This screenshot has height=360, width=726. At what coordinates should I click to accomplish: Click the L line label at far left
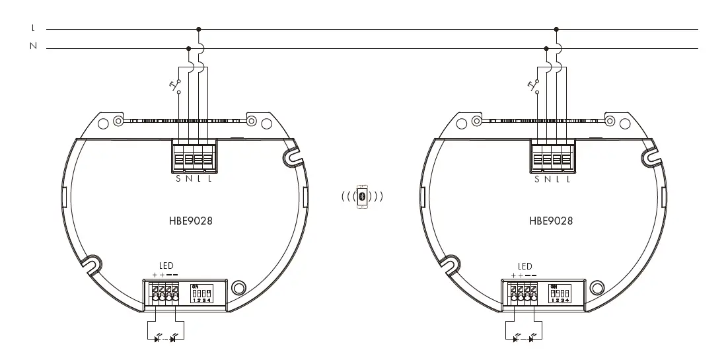(33, 29)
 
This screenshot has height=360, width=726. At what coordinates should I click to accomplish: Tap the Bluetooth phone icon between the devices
(362, 196)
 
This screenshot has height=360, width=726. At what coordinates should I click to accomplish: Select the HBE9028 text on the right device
(550, 221)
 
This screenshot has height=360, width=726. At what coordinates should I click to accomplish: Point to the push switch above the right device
(536, 87)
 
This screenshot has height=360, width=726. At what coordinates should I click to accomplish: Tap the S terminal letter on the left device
(178, 179)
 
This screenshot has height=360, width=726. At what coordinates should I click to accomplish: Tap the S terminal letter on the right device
(537, 179)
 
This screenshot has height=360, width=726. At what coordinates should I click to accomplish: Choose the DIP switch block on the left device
(201, 293)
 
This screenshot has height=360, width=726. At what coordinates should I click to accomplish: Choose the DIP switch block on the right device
(560, 293)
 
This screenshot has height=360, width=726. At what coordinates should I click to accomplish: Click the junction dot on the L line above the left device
(199, 29)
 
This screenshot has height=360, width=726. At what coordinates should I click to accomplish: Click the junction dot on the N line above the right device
(546, 48)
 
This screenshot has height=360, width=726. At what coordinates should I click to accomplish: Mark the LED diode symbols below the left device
(164, 339)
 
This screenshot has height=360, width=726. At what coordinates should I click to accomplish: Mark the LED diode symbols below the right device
(524, 339)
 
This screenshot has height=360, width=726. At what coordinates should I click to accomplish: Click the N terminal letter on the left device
(189, 179)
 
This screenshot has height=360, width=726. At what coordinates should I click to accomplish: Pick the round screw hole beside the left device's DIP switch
(239, 287)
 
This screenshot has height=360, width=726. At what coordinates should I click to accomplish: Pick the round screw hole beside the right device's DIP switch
(597, 287)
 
